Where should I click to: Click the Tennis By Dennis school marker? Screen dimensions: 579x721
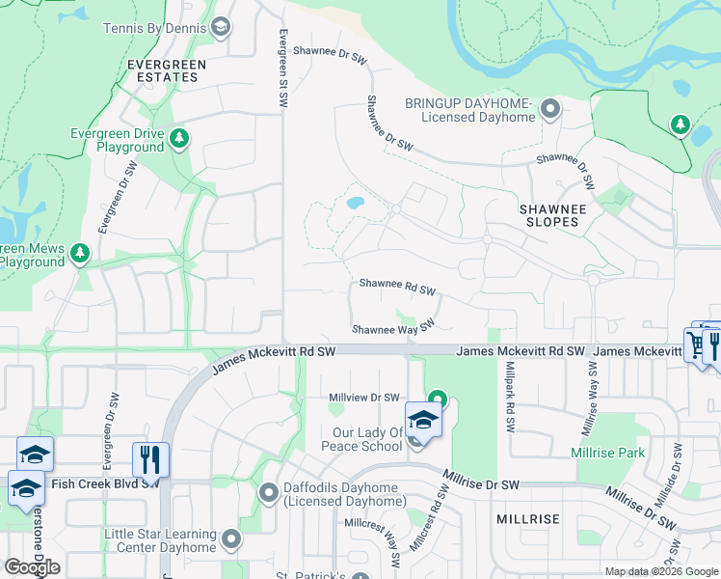221,27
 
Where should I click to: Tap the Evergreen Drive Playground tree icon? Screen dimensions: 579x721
178,140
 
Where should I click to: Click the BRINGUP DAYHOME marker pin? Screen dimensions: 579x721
550,108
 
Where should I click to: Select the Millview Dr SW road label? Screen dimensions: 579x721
363,398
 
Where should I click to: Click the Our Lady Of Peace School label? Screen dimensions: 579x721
354,439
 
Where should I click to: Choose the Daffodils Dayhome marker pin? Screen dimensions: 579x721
270,493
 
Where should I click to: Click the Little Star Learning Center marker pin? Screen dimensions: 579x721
230,538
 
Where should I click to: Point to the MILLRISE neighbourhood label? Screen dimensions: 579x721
527,519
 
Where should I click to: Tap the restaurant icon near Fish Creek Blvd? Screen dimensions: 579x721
149,460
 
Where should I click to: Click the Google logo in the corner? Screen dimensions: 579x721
32,566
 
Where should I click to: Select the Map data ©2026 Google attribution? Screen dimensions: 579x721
661,571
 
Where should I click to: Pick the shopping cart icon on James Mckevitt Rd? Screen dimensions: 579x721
696,344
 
